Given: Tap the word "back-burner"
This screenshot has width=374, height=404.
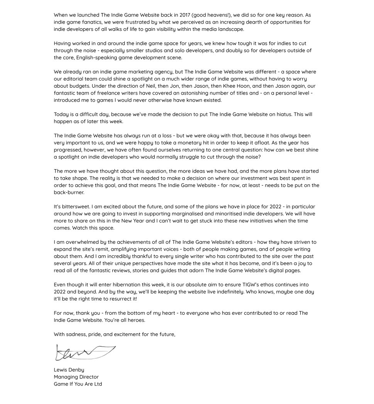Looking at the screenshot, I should click(x=69, y=192).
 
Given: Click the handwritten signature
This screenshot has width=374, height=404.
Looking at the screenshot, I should click(x=85, y=352).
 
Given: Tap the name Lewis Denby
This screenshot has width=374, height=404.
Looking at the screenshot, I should click(x=69, y=370).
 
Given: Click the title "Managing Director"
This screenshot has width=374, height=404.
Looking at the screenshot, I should click(x=76, y=377).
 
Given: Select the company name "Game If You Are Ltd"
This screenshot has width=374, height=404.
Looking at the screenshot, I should click(x=78, y=384).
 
